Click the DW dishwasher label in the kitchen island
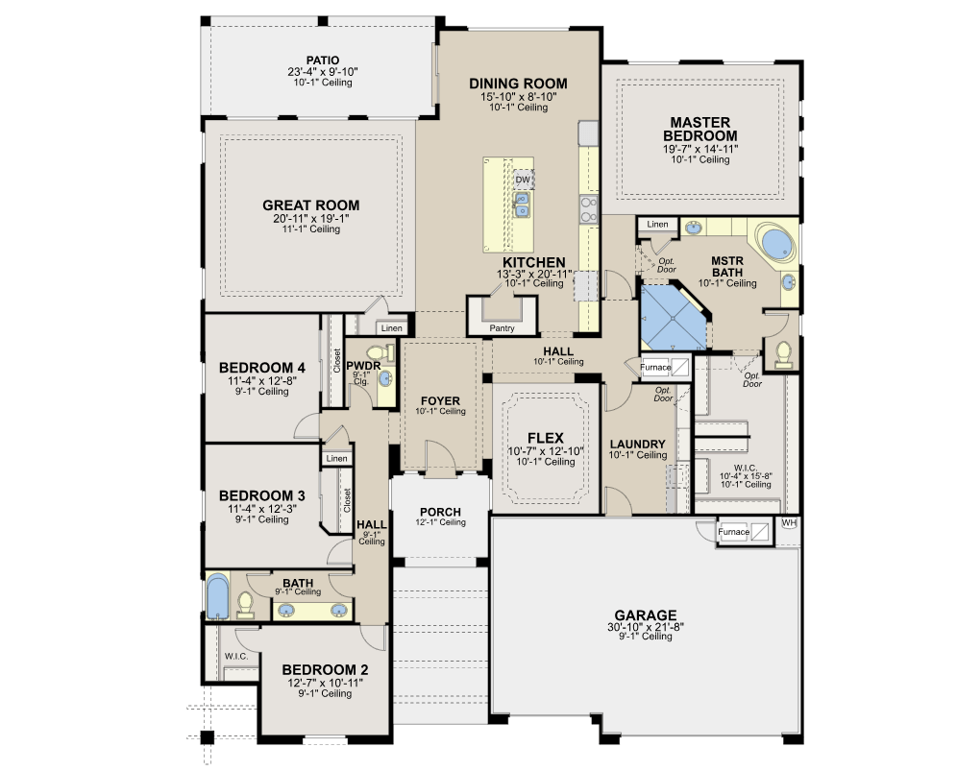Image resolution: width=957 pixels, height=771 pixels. click(x=523, y=180)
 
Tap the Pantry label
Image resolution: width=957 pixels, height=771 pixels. click(x=502, y=328)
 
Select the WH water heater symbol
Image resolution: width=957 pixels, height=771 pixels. click(x=789, y=522)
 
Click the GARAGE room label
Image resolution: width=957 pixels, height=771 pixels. click(x=645, y=614)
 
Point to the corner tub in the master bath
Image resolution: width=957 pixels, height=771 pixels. click(x=776, y=243)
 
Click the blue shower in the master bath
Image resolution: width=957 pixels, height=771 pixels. click(x=674, y=317)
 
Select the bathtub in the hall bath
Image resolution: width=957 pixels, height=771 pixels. click(x=217, y=596)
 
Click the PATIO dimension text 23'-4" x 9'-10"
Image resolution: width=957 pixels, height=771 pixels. click(x=323, y=71)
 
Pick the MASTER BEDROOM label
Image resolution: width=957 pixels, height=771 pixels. click(x=700, y=130)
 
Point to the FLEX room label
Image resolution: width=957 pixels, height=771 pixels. click(x=546, y=438)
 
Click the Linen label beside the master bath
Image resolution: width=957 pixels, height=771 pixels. click(x=657, y=224)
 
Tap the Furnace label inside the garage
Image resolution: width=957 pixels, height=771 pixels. click(x=734, y=532)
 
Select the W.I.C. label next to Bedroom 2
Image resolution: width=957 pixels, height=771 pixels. click(x=236, y=657)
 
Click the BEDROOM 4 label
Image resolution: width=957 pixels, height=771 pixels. click(x=262, y=368)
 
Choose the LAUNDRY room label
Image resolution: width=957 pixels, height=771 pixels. click(x=637, y=444)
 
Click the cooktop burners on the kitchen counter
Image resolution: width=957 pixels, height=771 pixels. click(x=588, y=209)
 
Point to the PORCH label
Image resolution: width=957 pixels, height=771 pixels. click(x=440, y=512)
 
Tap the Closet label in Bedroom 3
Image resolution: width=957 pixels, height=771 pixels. click(x=347, y=500)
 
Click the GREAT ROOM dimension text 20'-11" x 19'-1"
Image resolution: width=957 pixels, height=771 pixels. click(x=310, y=218)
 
